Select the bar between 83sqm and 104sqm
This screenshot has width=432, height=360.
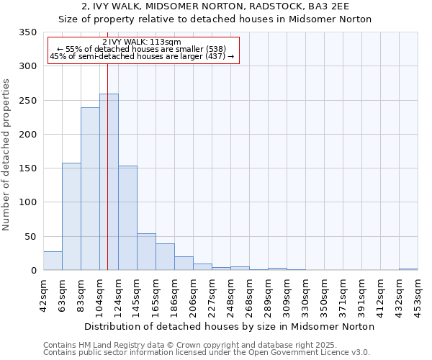(x=90, y=189)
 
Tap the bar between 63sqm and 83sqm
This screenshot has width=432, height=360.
(x=71, y=216)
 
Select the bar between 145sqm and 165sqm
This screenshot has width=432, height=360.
(x=146, y=252)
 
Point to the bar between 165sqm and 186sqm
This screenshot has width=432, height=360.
(x=165, y=257)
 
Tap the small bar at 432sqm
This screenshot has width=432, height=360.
(x=408, y=269)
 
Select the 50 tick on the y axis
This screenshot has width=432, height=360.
(x=30, y=236)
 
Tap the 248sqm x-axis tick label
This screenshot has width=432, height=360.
(x=231, y=294)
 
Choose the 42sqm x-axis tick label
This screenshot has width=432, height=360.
(x=44, y=294)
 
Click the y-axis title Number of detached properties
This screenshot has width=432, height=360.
(x=7, y=155)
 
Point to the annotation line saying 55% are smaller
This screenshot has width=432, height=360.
(x=142, y=49)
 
